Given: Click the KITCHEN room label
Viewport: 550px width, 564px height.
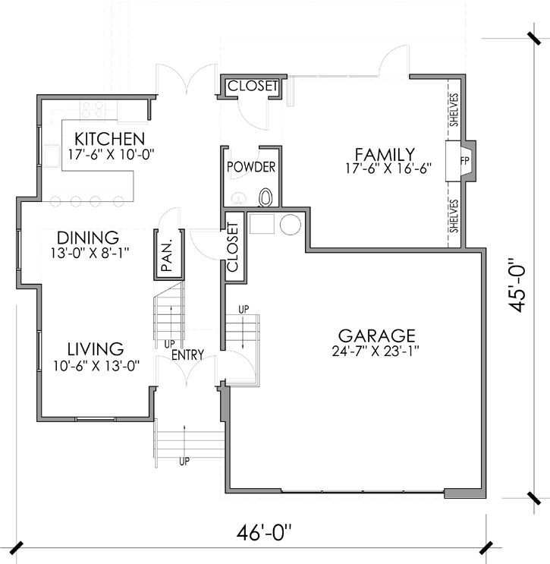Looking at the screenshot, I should (x=110, y=140).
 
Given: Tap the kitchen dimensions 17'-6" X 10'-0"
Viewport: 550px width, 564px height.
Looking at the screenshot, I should (x=110, y=155).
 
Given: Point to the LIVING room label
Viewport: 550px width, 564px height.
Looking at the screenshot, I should (x=95, y=350).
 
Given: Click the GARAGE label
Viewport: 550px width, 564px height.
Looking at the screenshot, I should (x=376, y=336).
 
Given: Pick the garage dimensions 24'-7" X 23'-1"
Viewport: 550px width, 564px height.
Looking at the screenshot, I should (x=376, y=351).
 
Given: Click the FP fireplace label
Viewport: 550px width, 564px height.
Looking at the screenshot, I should (x=464, y=162).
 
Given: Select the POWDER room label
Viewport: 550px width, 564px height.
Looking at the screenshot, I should (x=251, y=167).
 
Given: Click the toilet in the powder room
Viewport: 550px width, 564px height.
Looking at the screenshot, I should (x=266, y=197).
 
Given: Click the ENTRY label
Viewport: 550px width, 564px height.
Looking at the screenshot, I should (x=187, y=354).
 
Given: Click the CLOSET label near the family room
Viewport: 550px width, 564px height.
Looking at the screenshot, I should (x=253, y=87).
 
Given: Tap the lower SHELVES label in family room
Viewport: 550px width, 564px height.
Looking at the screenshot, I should (x=454, y=216).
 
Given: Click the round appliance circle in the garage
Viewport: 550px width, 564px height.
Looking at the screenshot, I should (x=290, y=225).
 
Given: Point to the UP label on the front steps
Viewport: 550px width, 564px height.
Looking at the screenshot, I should (x=184, y=461).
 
